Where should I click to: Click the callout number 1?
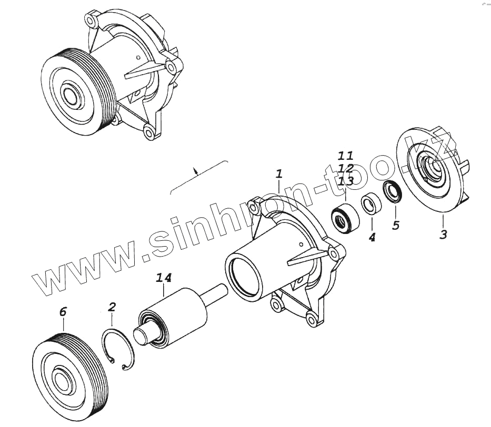[x=279, y=174]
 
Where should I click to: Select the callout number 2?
[x=112, y=307]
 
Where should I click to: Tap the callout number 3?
[x=443, y=235]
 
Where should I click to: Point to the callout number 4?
[x=372, y=238]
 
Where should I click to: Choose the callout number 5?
[x=396, y=226]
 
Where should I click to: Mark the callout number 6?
[x=63, y=312]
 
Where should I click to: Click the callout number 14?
[x=163, y=278]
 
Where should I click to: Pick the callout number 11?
[x=346, y=156]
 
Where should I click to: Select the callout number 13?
[x=346, y=181]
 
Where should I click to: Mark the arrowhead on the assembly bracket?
[x=196, y=170]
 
